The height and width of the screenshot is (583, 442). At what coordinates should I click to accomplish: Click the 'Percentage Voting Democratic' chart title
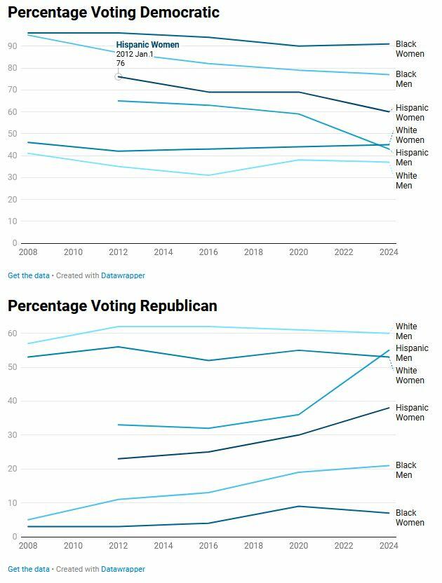point(114,13)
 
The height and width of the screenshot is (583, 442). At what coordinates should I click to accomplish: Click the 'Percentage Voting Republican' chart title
point(112,306)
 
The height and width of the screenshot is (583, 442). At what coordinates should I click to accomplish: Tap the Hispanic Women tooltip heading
point(147,45)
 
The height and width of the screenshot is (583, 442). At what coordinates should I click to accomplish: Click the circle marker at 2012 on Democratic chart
point(119,76)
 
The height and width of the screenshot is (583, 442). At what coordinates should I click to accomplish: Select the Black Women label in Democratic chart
point(410,49)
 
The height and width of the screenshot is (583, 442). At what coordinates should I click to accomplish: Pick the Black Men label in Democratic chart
point(406,79)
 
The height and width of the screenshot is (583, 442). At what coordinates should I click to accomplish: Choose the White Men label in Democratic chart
point(406,181)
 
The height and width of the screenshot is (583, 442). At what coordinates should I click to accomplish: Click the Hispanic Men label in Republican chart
point(412,353)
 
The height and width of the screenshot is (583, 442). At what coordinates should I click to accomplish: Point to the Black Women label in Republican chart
point(410,518)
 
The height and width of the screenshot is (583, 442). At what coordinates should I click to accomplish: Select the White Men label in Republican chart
point(406,331)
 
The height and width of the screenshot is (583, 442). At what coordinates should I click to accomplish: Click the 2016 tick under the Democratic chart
point(208,252)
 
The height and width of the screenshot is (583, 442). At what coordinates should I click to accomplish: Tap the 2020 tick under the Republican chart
point(298,545)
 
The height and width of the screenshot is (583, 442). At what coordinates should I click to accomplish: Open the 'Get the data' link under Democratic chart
point(29,275)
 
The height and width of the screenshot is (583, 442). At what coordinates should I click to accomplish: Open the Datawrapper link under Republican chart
point(123,569)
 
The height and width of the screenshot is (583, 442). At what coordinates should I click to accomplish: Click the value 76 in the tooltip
point(121,64)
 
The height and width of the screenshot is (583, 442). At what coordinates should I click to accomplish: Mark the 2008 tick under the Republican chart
point(28,545)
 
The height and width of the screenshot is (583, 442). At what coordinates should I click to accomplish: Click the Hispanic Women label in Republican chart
point(412,413)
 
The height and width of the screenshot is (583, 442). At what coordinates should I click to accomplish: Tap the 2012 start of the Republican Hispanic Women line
point(119,459)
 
